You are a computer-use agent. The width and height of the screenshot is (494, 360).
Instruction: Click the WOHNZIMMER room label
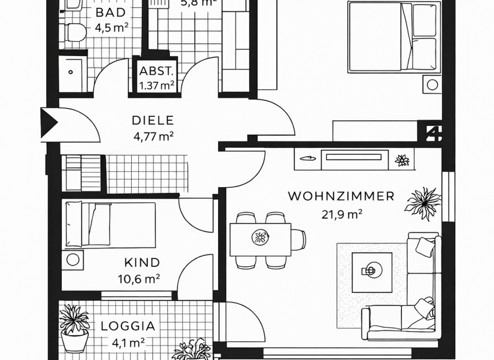tap(341, 196)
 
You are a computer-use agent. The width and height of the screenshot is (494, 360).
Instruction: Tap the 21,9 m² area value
tap(341, 215)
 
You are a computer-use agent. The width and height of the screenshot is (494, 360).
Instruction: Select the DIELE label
tap(152, 120)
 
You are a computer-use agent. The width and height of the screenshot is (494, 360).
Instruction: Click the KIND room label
tap(142, 263)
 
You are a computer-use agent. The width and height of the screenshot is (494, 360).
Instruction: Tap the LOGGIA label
tap(128, 326)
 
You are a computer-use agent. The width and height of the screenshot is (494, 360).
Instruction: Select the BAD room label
tap(111, 14)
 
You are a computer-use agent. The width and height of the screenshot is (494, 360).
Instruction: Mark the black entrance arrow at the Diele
tap(49, 122)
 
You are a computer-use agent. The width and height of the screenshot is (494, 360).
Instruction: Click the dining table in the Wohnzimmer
tap(261, 239)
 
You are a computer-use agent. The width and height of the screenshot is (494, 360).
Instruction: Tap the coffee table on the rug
tap(371, 271)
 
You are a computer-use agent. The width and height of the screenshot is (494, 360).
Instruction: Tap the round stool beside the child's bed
tap(73, 260)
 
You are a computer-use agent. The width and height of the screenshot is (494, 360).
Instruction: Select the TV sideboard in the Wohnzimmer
tap(342, 157)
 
